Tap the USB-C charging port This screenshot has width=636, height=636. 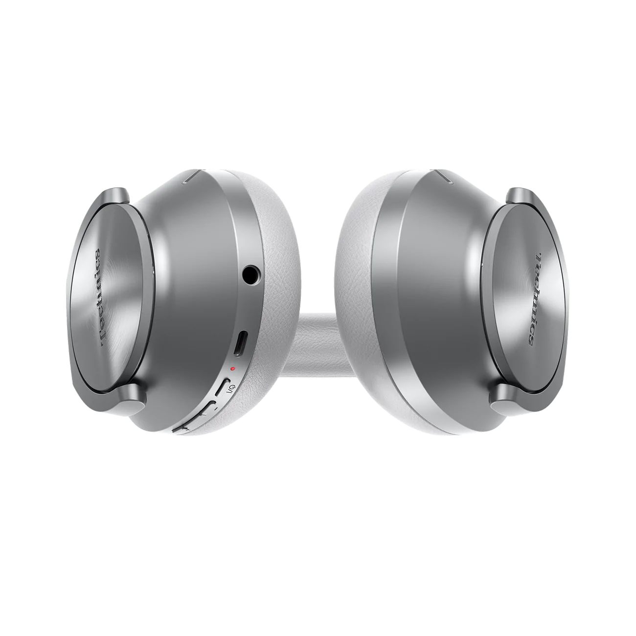point(240,345)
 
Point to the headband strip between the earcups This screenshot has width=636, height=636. point(318,342)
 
